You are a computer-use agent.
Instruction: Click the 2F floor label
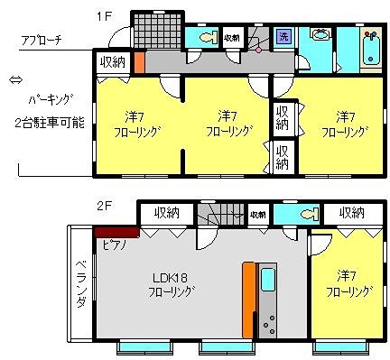pos(105,205)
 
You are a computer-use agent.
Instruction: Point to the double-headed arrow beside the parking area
pos(13,81)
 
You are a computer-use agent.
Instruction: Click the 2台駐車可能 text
pos(50,122)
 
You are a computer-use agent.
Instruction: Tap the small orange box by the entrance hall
pos(139,68)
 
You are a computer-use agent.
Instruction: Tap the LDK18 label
pos(169,276)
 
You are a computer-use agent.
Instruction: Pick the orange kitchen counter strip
pos(247,299)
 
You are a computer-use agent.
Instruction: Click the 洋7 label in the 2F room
pos(344,274)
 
